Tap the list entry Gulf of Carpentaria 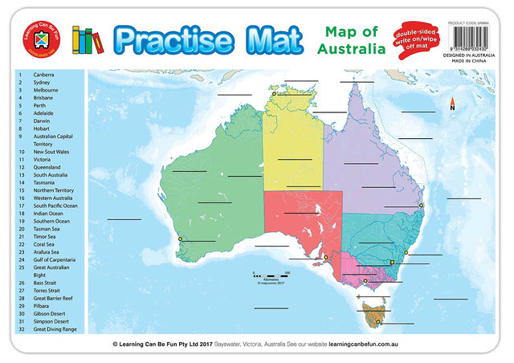(55, 260)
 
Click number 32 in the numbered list (20, 328)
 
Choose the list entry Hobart (41, 129)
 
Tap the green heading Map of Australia (351, 40)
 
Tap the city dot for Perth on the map (181, 239)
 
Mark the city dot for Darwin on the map (274, 94)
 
